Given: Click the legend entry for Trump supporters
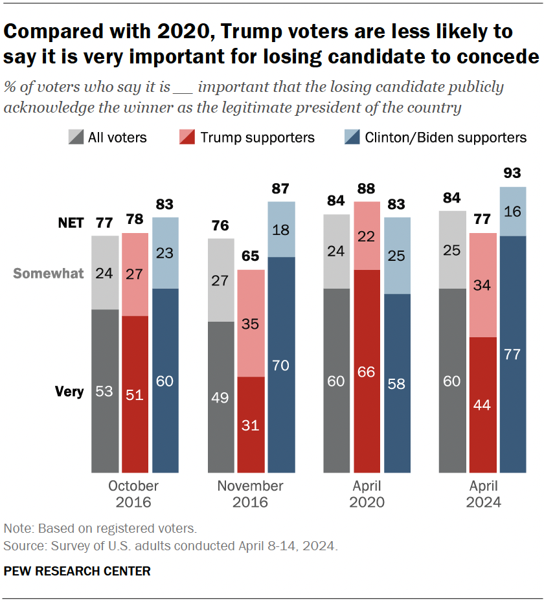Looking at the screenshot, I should coord(245,137).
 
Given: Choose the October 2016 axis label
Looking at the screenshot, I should coord(133,494).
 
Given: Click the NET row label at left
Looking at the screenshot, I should coord(71,223).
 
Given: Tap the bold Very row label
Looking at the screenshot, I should coord(69,392).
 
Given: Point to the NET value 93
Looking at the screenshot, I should coord(512,173).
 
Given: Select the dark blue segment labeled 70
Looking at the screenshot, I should coord(282,364).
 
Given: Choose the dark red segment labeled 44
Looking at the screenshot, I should coord(483,405).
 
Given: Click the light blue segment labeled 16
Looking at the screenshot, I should coord(512,211).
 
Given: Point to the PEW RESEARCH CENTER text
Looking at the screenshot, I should coord(77,571).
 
